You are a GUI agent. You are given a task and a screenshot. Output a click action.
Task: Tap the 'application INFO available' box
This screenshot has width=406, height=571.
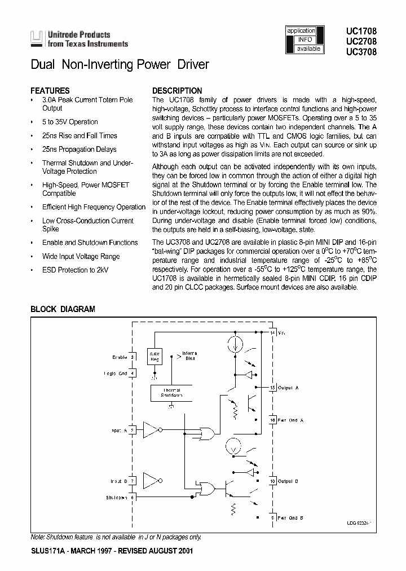pyautogui.click(x=305, y=39)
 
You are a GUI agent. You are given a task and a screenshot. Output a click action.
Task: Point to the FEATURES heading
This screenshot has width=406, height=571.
pyautogui.click(x=50, y=90)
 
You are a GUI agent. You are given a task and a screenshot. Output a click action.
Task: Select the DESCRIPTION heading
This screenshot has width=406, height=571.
pyautogui.click(x=177, y=90)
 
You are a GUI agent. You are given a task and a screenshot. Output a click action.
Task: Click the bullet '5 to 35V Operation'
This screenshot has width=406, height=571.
pyautogui.click(x=70, y=122)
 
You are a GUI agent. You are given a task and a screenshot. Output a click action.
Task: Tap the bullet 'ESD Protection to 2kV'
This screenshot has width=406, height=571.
pyautogui.click(x=76, y=270)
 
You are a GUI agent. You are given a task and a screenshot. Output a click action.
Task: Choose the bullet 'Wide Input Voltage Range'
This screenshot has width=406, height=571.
pyautogui.click(x=81, y=256)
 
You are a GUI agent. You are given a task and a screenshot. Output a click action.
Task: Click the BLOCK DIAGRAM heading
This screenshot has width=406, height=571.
pyautogui.click(x=63, y=309)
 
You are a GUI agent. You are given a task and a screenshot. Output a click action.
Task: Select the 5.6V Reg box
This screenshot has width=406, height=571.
pyautogui.click(x=153, y=355)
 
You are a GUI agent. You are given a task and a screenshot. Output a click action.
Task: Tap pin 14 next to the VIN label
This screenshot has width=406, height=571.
pyautogui.click(x=273, y=333)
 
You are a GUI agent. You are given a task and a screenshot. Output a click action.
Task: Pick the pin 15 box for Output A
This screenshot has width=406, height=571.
pyautogui.click(x=273, y=388)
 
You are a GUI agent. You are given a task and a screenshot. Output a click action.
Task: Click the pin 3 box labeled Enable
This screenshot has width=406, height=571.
pyautogui.click(x=133, y=357)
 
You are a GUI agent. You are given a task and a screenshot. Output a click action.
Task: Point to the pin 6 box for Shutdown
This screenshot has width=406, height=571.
pyautogui.click(x=133, y=497)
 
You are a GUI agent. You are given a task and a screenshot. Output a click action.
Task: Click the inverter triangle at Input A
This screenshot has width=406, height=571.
pyautogui.click(x=151, y=431)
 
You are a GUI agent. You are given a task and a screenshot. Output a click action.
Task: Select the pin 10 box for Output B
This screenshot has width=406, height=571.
pyautogui.click(x=273, y=481)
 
